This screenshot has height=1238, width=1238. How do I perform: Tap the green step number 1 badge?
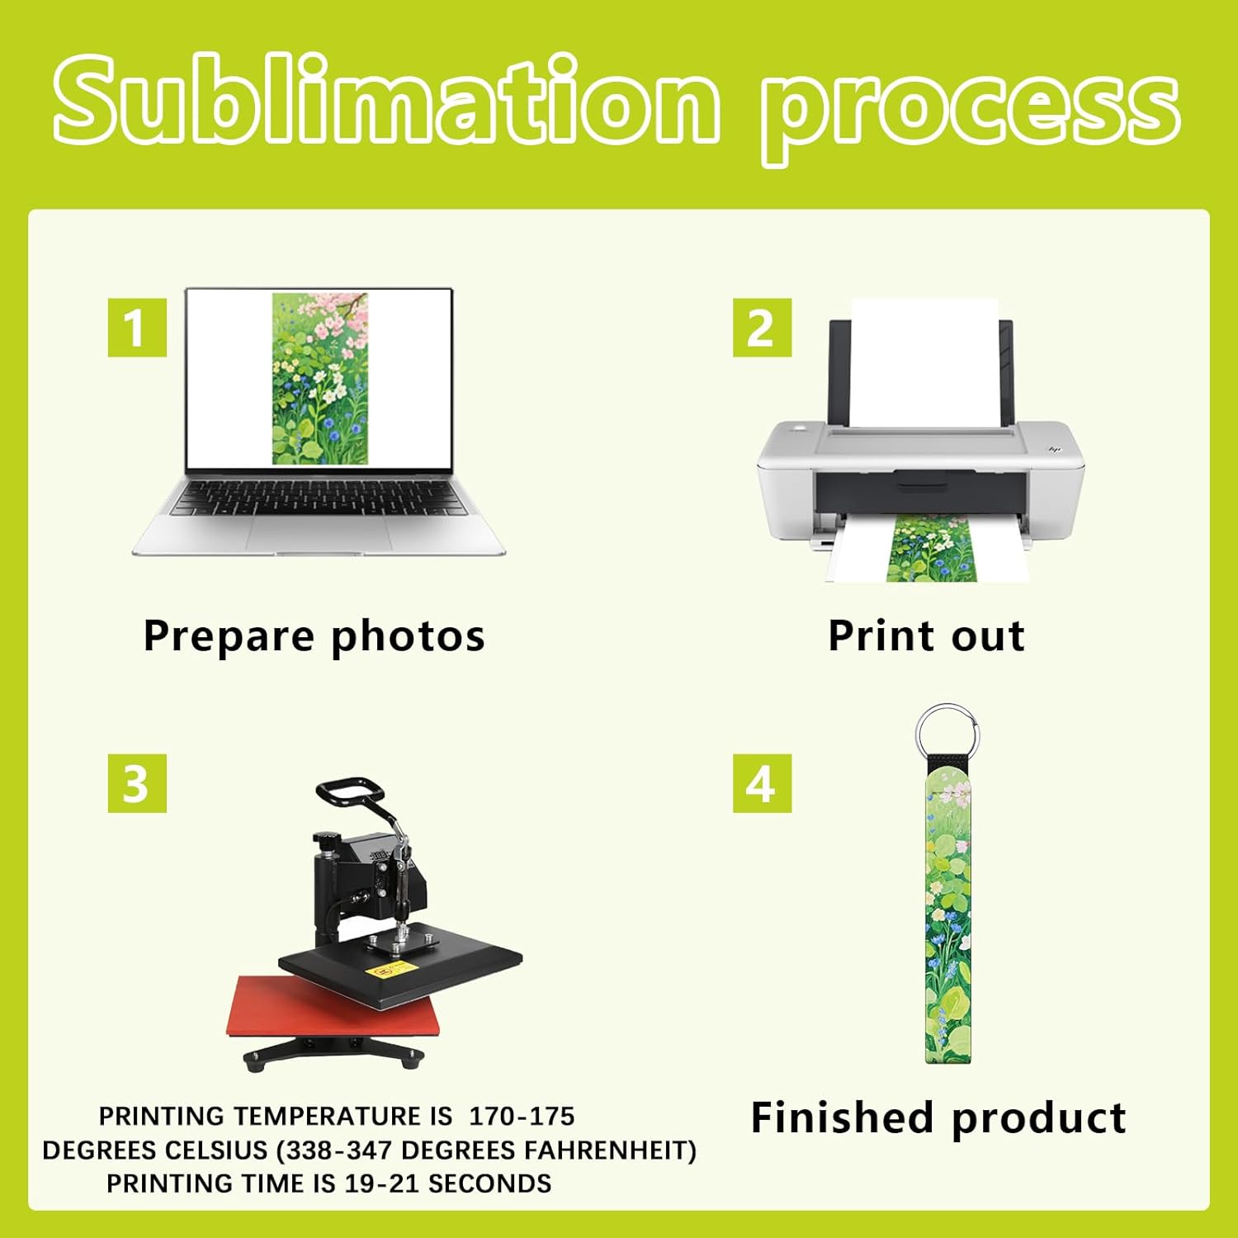click(137, 328)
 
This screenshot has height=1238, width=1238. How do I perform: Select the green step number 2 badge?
click(762, 328)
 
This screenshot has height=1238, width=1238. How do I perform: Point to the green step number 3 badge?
click(137, 782)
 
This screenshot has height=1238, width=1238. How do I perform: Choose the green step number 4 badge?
click(762, 782)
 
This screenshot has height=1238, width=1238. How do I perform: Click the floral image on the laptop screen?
click(319, 378)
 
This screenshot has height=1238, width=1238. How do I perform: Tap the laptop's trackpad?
click(318, 532)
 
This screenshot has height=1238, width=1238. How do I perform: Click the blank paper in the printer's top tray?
click(924, 363)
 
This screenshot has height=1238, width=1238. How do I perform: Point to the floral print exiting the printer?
click(929, 548)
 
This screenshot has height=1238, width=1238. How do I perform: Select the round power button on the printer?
click(798, 429)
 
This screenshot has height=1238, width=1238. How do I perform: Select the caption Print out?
click(926, 636)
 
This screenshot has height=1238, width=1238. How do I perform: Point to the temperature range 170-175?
click(522, 1117)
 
